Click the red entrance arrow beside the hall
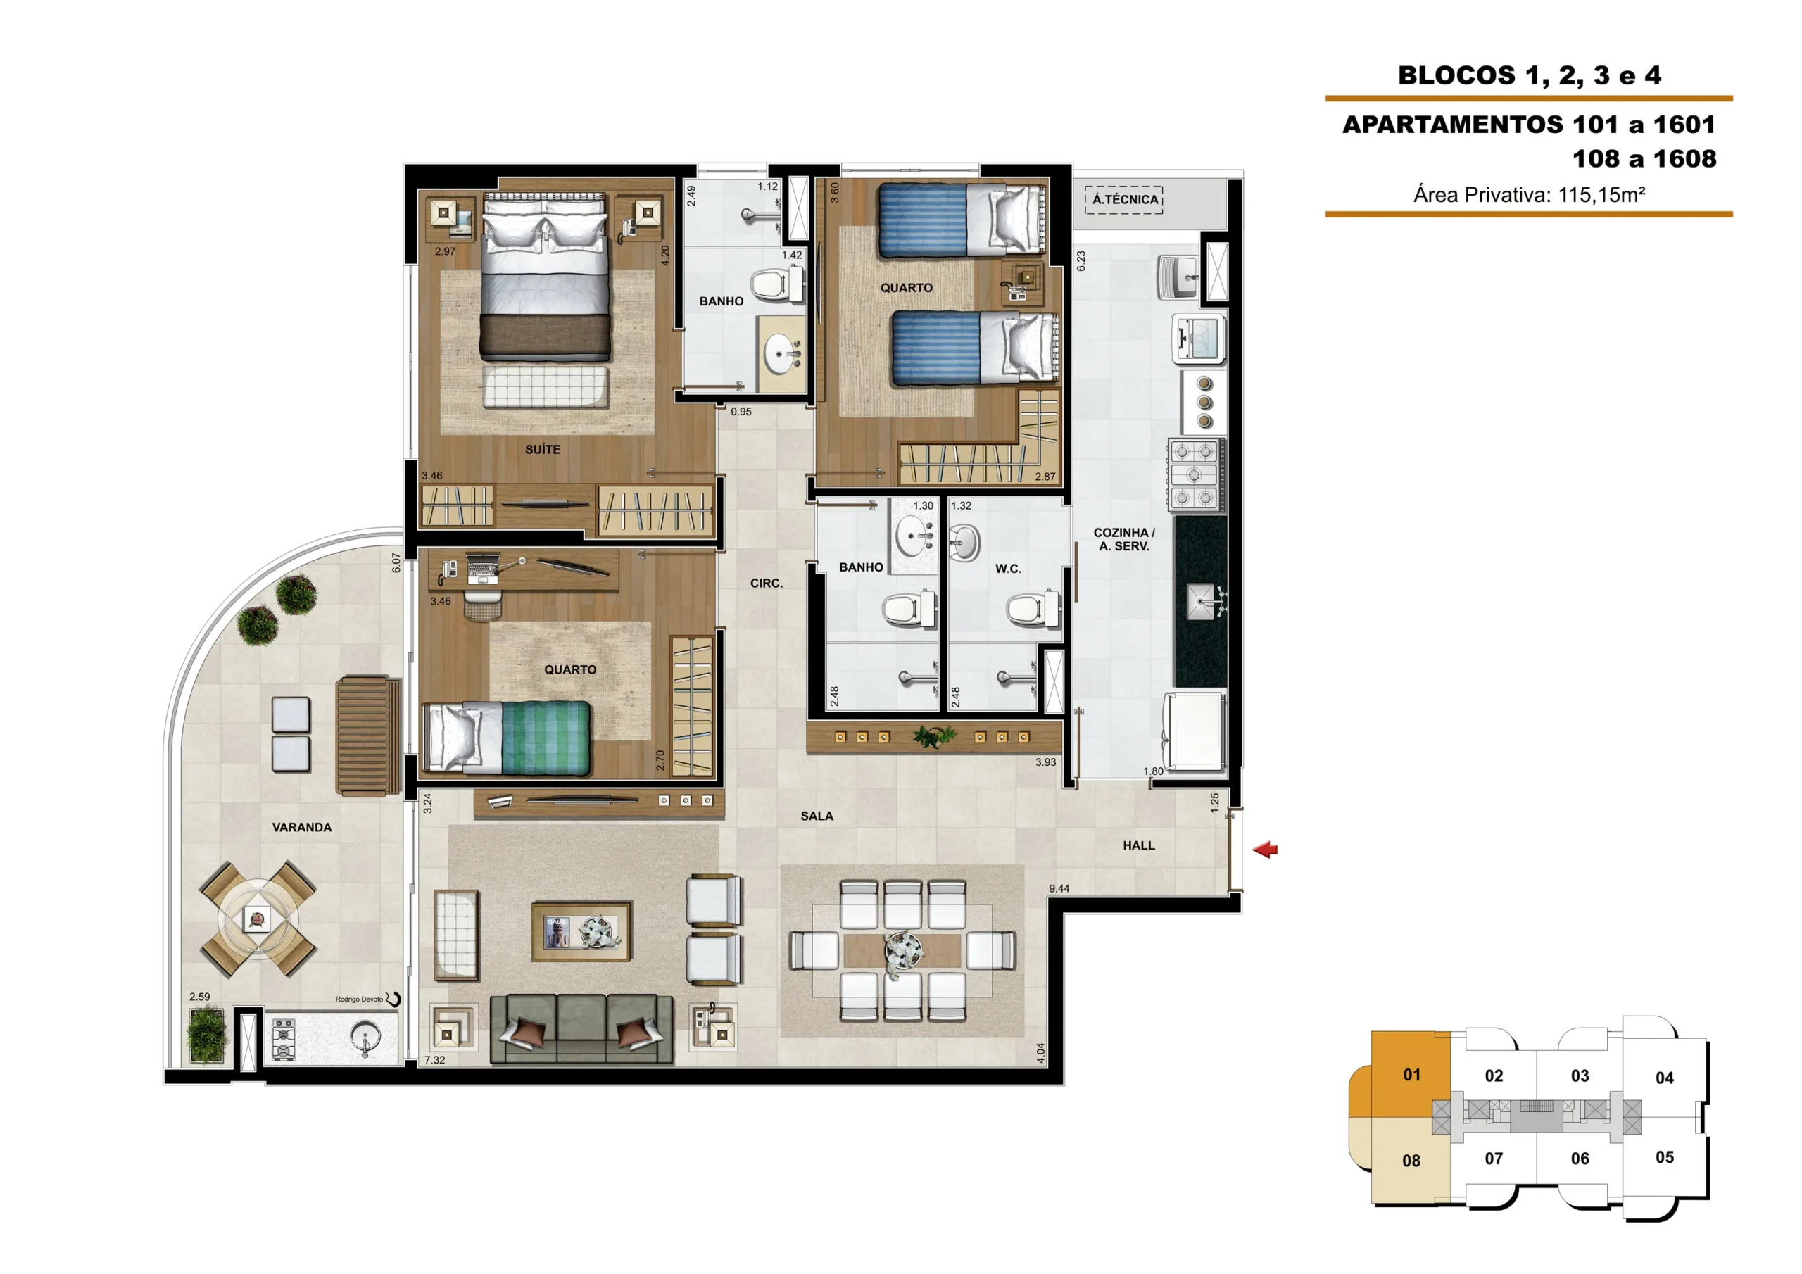(x=1264, y=850)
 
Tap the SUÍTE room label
(x=542, y=450)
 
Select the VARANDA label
(x=301, y=827)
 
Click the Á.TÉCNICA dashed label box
(x=1124, y=199)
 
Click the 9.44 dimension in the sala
(x=1059, y=888)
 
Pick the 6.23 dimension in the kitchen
(x=1080, y=260)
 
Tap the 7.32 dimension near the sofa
(x=435, y=1060)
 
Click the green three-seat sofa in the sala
(x=581, y=1029)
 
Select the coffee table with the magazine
(x=581, y=931)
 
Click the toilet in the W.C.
(x=1033, y=608)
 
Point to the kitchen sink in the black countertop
(x=1202, y=601)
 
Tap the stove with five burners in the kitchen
(x=1195, y=475)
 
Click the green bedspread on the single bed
(x=546, y=738)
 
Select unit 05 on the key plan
(x=1664, y=1157)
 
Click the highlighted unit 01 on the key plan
(x=1411, y=1075)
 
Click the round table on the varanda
(x=258, y=919)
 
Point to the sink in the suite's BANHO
(x=783, y=354)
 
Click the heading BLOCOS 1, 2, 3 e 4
(x=1530, y=75)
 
